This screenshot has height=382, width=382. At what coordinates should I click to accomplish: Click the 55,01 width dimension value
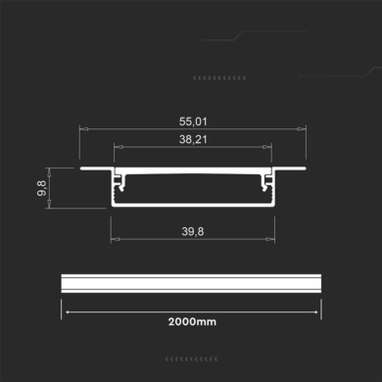(193, 120)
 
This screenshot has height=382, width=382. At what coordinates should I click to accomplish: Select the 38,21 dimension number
(193, 140)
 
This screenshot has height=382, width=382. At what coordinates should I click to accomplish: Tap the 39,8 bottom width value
(193, 232)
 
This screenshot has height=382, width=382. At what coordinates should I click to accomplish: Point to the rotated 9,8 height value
(44, 186)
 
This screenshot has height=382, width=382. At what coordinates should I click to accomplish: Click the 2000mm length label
(192, 321)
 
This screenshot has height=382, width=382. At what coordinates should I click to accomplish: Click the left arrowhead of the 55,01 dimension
(81, 128)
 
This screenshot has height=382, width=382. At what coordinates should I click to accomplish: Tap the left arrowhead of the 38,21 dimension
(117, 148)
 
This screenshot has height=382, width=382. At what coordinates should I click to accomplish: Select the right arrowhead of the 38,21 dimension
(270, 148)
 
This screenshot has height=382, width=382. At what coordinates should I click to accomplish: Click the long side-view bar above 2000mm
(192, 281)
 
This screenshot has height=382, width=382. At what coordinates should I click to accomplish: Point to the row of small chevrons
(219, 76)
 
